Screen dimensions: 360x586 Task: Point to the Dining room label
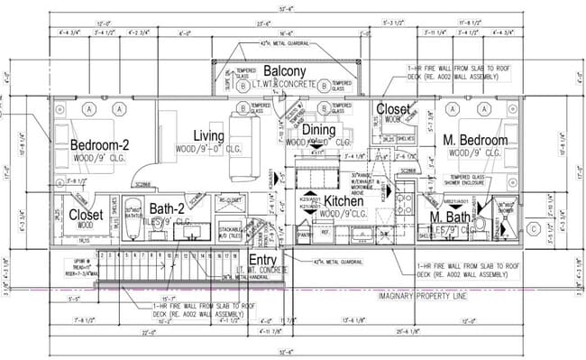pyautogui.click(x=317, y=131)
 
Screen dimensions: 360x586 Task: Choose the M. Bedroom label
pyautogui.click(x=476, y=140)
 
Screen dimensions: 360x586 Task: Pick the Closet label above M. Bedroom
pyautogui.click(x=393, y=109)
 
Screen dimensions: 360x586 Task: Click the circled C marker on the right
pyautogui.click(x=536, y=229)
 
